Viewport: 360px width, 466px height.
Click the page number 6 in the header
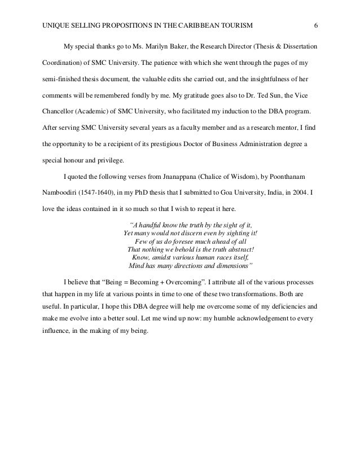click(316, 25)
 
